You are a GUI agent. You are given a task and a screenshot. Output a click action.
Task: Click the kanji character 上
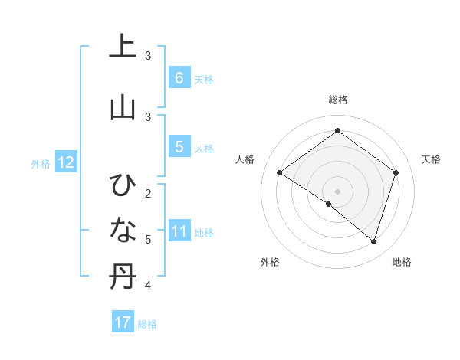[121, 47]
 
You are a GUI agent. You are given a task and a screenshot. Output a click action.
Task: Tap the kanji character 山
[121, 106]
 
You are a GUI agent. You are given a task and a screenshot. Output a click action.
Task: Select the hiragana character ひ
[121, 185]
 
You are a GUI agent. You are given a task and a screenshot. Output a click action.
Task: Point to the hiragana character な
[121, 229]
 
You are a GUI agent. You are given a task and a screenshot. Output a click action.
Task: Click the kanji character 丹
[121, 277]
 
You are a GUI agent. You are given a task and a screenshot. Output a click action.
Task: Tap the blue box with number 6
[179, 77]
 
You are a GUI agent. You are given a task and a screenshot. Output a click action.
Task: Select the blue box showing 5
[179, 147]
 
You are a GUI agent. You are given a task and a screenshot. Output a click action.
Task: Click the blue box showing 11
[179, 231]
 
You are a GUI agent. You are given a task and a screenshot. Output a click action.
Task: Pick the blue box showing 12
[65, 162]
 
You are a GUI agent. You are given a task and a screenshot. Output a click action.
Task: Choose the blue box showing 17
[122, 322]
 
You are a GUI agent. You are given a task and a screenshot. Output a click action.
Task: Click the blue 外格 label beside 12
[41, 163]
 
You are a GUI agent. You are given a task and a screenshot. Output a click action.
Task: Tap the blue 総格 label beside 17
[147, 324]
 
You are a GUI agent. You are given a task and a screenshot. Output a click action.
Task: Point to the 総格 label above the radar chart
[337, 100]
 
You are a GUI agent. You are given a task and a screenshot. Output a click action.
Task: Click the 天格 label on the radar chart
[431, 159]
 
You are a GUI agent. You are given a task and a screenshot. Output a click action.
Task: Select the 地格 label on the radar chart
[402, 262]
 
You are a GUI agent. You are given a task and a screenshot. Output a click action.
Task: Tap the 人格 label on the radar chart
[245, 159]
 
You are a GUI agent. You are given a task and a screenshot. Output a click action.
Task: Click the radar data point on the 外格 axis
[329, 204]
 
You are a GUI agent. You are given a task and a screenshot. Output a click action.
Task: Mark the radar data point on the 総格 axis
[337, 131]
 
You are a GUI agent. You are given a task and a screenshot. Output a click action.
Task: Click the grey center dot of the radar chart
[337, 191]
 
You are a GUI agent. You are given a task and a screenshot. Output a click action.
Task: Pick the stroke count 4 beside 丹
[148, 286]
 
